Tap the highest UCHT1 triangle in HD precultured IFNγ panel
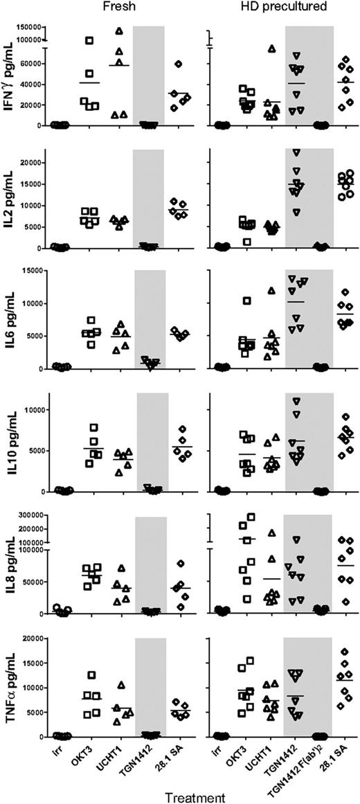click(272, 48)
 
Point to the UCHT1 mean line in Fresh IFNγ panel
click(120, 65)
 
